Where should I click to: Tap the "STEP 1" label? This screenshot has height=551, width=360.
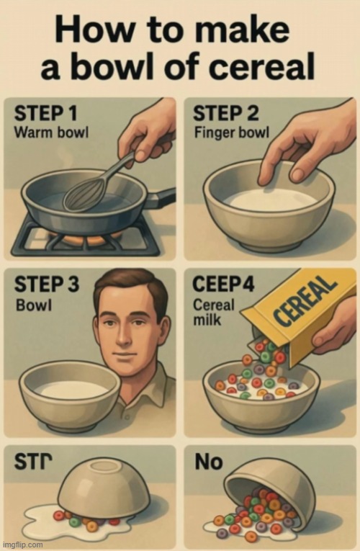45,114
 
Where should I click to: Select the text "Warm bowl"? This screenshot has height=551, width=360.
51,133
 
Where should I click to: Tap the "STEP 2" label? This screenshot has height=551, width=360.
226,114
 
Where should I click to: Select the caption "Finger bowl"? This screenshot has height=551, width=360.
232,133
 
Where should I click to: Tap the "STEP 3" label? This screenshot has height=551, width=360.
47,284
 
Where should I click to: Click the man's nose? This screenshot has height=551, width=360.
123,336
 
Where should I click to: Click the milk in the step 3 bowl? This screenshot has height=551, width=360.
72,390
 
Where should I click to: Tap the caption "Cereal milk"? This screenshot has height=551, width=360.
214,312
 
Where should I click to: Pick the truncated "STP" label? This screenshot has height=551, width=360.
33,462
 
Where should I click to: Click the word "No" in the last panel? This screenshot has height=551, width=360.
209,462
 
